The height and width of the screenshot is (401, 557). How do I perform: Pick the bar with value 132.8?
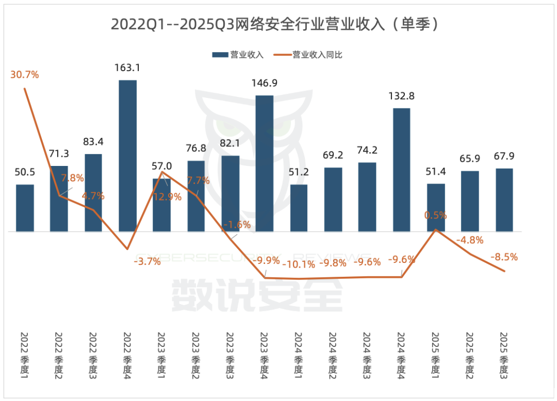(x=401, y=170)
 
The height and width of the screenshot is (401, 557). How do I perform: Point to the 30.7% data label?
(x=25, y=75)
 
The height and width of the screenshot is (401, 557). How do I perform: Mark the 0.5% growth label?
(x=436, y=215)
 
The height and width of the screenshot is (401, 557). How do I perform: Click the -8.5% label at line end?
(x=504, y=256)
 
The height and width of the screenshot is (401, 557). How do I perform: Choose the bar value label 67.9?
(x=504, y=156)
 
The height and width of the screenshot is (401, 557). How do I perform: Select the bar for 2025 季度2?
(x=470, y=201)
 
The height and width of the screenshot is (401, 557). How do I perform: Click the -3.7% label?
(x=147, y=261)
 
